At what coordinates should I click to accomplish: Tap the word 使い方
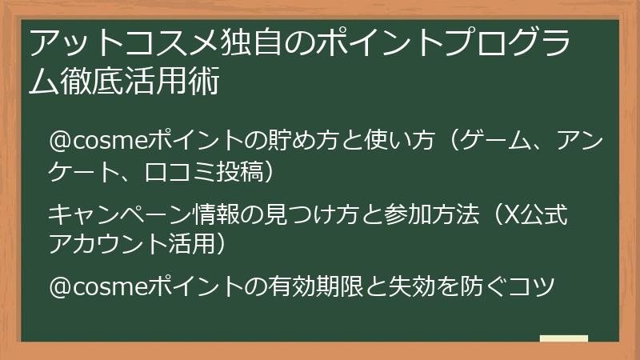pyautogui.click(x=401, y=140)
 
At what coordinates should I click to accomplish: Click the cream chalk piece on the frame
pyautogui.click(x=564, y=338)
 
